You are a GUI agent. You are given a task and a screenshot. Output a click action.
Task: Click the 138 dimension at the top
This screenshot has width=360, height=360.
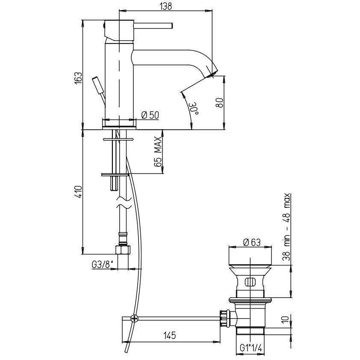166,6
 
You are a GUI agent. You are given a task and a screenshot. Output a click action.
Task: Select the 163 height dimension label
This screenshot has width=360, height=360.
78,78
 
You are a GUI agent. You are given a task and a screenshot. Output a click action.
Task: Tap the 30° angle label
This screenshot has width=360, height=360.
194,109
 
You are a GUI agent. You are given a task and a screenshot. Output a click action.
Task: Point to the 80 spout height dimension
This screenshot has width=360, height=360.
219,103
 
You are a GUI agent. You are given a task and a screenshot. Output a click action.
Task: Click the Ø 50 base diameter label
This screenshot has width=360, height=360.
150,115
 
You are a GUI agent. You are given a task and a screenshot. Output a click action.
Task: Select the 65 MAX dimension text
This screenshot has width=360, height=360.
158,151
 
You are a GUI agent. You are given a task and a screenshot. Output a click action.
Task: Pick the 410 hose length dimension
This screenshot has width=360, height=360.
78,192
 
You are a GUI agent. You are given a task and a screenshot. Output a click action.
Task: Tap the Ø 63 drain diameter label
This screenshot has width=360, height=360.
252,242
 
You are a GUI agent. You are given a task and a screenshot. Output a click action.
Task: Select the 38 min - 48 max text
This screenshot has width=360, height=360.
286,227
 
